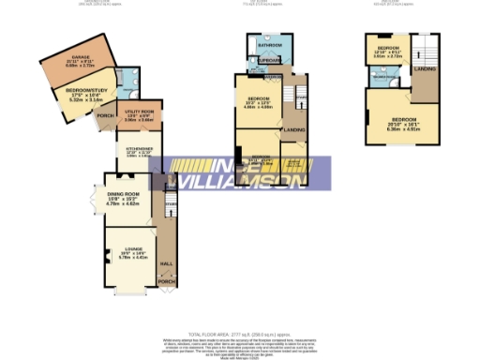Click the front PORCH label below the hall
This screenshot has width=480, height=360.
pyautogui.click(x=166, y=281)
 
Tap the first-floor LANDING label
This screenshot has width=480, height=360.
pyautogui.click(x=293, y=129)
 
